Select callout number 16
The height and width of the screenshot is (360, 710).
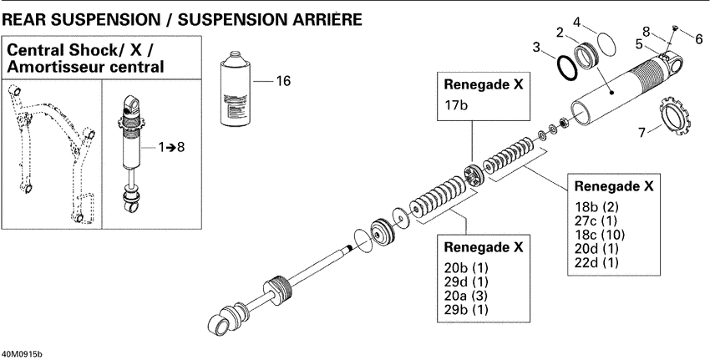(x=283, y=81)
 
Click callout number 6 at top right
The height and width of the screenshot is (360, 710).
(x=698, y=38)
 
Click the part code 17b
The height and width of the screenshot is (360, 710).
(x=457, y=106)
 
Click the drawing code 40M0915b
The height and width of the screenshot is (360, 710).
(x=21, y=353)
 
